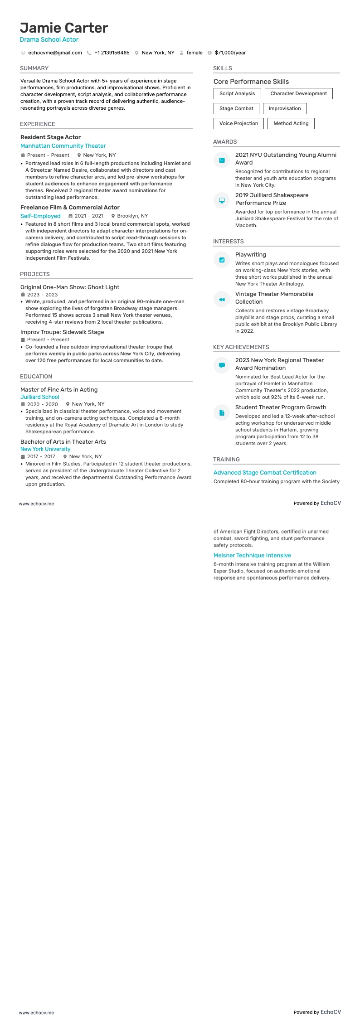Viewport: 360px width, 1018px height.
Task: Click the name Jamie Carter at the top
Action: point(64,28)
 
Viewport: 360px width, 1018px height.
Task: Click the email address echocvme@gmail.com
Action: point(55,53)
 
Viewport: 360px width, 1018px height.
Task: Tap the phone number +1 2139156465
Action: point(112,53)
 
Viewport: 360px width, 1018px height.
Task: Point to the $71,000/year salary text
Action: point(230,53)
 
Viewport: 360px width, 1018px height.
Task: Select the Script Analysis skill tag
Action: point(237,93)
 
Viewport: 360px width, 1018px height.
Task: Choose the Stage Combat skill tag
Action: point(236,108)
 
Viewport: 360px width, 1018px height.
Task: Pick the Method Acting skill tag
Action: point(291,123)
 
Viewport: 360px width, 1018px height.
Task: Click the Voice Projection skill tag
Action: point(238,123)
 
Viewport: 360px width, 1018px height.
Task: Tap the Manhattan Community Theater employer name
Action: point(63,146)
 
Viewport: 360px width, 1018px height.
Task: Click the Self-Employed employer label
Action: point(40,216)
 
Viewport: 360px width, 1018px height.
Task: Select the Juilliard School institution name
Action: point(40,397)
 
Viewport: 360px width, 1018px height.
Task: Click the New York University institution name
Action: point(45,449)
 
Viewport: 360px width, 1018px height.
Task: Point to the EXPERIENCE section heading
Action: point(38,124)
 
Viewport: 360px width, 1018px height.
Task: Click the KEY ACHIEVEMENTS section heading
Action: point(241,347)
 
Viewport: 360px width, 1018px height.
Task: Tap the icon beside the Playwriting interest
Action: point(222,260)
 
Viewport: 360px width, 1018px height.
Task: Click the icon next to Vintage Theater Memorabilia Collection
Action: point(222,300)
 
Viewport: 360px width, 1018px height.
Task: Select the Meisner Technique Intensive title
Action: point(252,555)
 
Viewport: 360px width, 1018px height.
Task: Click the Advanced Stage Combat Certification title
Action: point(265,473)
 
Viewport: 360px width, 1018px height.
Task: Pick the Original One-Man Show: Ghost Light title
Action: point(70,287)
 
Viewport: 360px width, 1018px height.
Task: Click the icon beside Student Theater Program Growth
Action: point(222,412)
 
